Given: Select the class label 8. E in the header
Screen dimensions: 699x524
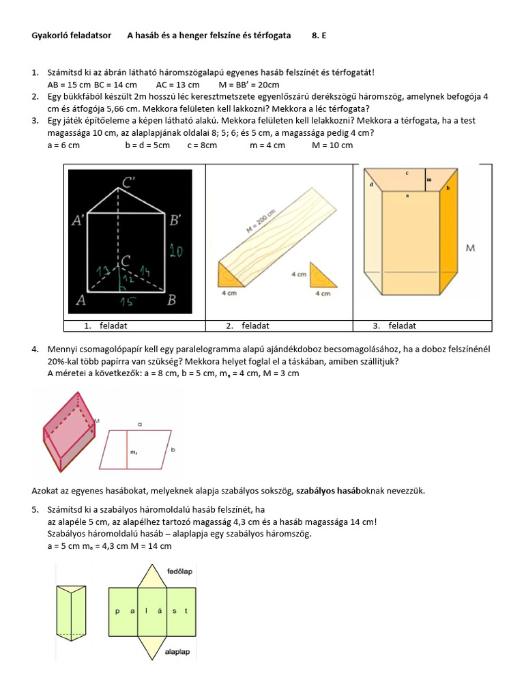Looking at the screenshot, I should click(319, 35).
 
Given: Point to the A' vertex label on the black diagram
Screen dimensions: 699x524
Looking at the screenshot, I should click(79, 220).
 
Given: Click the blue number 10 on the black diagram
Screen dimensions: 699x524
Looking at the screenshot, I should click(176, 252).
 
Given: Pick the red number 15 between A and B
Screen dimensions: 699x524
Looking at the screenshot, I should click(126, 301).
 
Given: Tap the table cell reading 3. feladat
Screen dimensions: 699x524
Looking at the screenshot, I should click(394, 326).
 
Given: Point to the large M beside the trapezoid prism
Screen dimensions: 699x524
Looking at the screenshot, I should click(470, 248).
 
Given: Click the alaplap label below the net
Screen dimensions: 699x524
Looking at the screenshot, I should click(177, 653).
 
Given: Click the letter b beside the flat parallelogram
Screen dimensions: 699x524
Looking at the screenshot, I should click(173, 450).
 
